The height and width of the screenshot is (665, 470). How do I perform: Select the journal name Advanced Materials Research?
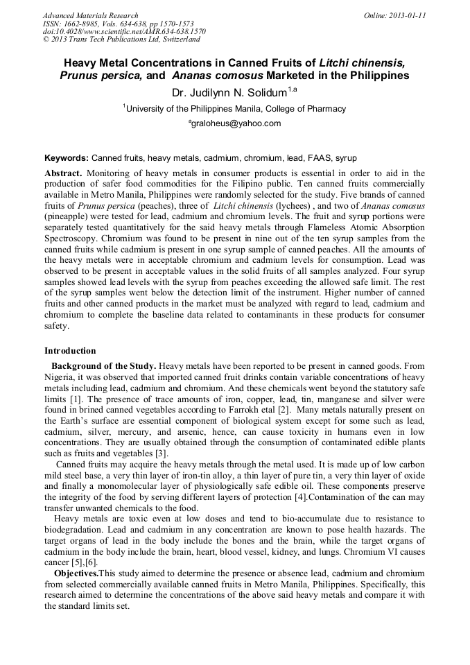coord(90,15)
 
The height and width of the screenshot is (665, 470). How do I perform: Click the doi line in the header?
coord(124,32)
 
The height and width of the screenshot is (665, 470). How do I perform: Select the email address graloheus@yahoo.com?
coord(235,123)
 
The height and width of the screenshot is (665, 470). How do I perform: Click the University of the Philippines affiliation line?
coord(234,108)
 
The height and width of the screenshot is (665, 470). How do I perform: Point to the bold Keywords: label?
coord(67,158)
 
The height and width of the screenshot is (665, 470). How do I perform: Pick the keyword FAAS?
coord(310,158)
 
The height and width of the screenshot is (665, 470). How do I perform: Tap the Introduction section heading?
coord(70,351)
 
